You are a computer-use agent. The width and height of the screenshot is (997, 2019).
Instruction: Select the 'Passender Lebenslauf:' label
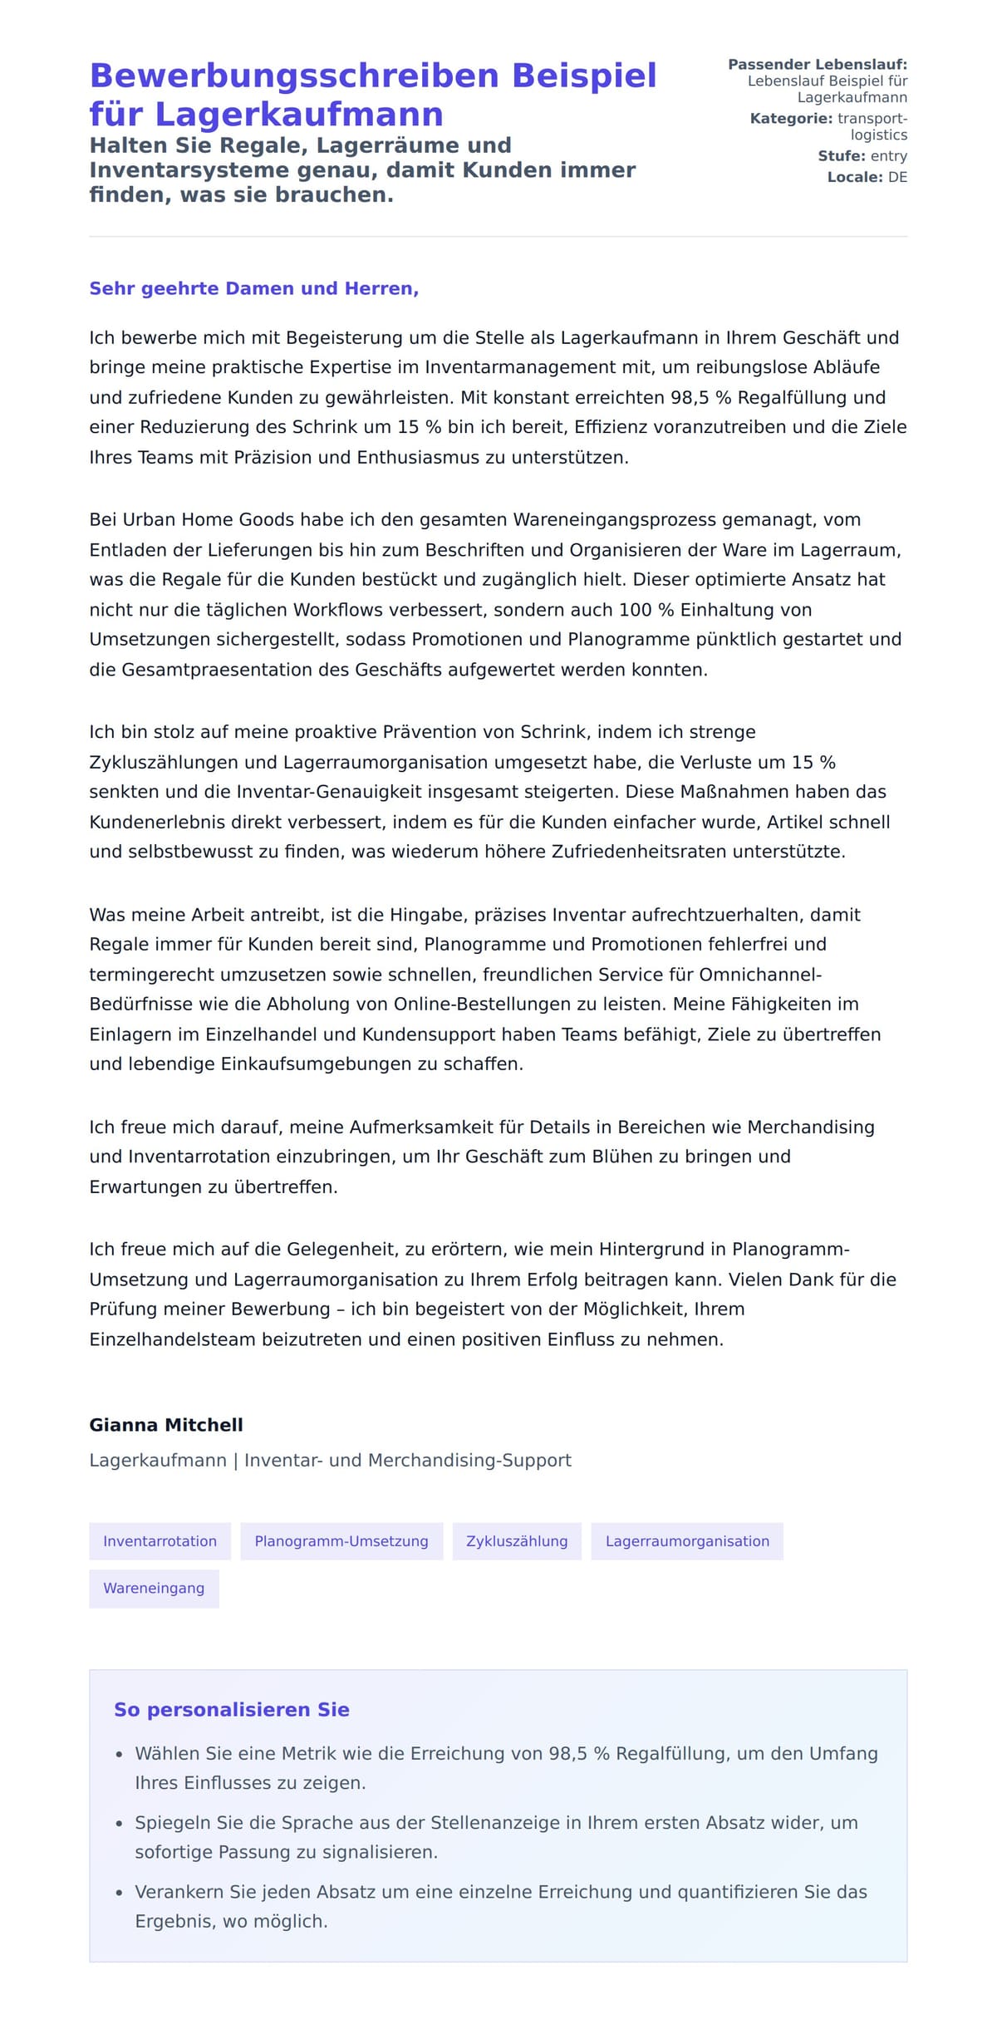(x=817, y=65)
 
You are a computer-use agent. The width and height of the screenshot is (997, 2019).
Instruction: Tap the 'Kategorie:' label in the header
(x=790, y=119)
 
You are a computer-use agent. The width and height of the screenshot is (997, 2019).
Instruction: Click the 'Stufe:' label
(x=841, y=156)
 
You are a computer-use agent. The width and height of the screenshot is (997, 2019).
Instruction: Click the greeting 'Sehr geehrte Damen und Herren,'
(x=253, y=288)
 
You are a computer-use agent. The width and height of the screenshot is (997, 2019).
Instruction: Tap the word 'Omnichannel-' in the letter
(x=760, y=975)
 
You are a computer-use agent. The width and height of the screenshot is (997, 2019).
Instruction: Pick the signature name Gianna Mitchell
(x=166, y=1425)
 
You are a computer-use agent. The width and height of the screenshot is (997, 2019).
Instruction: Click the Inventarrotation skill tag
(x=160, y=1541)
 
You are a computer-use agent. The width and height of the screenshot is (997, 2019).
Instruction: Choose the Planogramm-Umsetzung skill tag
(x=341, y=1541)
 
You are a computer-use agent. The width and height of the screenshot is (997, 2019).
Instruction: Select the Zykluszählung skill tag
(x=517, y=1541)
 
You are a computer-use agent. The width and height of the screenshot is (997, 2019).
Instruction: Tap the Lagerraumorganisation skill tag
(x=687, y=1541)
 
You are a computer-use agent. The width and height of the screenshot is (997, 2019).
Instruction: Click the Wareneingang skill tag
(x=154, y=1588)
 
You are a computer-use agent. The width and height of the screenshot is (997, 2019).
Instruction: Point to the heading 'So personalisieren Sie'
(x=231, y=1710)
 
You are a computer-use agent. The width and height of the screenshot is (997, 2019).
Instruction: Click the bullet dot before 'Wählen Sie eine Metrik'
(x=119, y=1755)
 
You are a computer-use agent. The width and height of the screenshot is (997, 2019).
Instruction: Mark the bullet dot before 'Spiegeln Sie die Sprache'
(x=119, y=1824)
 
